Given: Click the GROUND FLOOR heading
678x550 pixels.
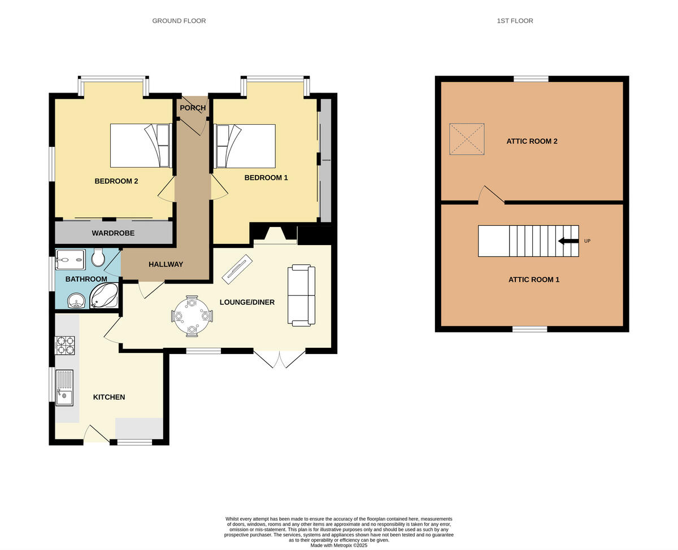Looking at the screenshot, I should click(x=179, y=21).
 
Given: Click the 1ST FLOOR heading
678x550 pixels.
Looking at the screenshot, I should click(x=515, y=21).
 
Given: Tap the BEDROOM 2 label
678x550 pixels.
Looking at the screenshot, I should click(x=116, y=181).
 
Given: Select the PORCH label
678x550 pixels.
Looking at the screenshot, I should click(x=192, y=108).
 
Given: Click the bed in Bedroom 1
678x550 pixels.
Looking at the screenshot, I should click(x=245, y=146).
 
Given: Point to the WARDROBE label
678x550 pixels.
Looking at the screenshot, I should click(x=113, y=233).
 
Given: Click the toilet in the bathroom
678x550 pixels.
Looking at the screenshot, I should click(x=98, y=257).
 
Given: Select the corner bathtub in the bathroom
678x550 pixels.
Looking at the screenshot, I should click(x=105, y=295).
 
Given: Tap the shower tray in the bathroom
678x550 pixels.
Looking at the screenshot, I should click(x=70, y=260).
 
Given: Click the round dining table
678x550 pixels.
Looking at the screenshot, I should click(x=192, y=316).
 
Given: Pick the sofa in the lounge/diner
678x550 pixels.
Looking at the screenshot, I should click(x=301, y=295).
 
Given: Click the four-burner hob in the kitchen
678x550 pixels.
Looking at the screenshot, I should click(x=64, y=345).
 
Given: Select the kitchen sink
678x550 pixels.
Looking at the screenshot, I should click(x=64, y=387).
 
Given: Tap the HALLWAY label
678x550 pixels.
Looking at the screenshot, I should click(x=166, y=264).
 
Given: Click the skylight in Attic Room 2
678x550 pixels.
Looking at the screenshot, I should click(x=467, y=139).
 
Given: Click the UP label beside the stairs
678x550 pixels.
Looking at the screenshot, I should click(x=587, y=241).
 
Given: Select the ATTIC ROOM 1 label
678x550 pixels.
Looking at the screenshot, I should click(x=533, y=280).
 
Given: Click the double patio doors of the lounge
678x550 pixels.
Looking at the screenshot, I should click(x=280, y=359).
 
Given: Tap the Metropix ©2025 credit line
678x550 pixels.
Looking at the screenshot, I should click(x=339, y=545).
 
